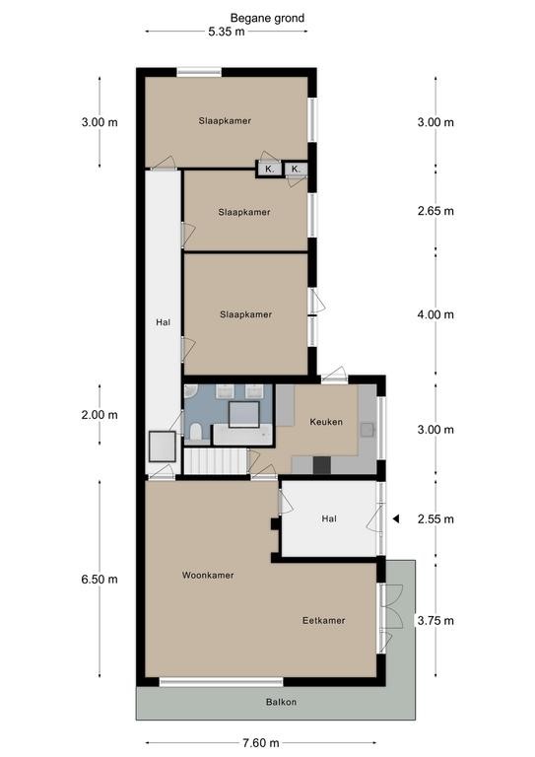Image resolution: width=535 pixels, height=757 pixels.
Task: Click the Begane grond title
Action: (267, 19)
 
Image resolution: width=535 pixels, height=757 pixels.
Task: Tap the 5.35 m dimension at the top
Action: (227, 32)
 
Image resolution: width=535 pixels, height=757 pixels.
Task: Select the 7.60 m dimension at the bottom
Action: (261, 742)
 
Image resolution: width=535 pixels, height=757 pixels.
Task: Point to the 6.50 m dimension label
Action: (100, 579)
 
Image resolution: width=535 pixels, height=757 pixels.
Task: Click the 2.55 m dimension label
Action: (435, 519)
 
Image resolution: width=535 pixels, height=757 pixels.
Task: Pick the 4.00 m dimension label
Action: (435, 314)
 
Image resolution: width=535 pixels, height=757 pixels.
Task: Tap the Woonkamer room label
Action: (208, 575)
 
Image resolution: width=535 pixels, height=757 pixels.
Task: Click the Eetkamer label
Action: (324, 620)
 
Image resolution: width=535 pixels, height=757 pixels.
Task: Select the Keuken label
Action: (326, 422)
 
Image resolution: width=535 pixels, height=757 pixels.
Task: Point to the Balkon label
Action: (281, 702)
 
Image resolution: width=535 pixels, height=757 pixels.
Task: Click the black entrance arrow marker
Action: (395, 519)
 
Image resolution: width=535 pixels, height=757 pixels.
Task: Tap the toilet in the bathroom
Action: (196, 432)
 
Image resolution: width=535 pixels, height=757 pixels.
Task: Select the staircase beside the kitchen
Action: (216, 461)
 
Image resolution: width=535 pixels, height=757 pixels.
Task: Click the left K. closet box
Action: (269, 169)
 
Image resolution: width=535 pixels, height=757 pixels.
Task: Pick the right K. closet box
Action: (296, 169)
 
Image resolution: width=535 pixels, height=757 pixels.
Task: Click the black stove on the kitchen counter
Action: (322, 465)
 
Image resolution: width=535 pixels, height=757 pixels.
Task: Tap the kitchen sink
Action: (368, 429)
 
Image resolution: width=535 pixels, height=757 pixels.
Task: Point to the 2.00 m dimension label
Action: (100, 415)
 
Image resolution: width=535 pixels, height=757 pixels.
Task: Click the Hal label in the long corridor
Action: (163, 322)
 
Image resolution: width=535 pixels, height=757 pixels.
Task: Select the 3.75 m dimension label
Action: (435, 620)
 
